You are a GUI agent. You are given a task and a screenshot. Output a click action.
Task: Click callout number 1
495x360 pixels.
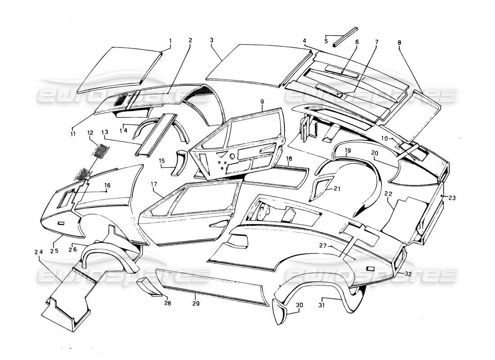click(x=170, y=40)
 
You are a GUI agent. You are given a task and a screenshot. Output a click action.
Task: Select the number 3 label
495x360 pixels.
click(x=211, y=40)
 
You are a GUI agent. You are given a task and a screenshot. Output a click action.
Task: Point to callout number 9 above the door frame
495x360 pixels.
click(x=261, y=102)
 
